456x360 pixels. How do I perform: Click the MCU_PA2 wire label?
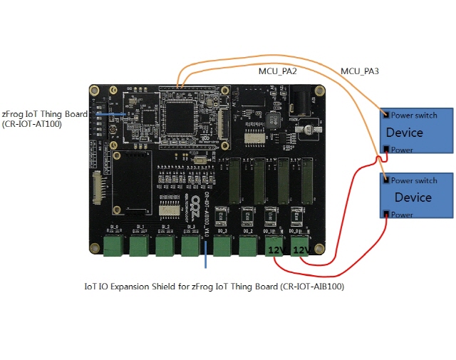coord(277,71)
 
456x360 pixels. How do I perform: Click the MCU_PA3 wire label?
coord(360,71)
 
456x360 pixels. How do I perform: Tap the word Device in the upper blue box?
coord(404,133)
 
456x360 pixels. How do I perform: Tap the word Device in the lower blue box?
coord(413,197)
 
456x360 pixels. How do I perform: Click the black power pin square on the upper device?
coord(386,149)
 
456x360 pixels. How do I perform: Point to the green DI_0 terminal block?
coord(113,246)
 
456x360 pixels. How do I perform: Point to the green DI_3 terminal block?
coord(190,246)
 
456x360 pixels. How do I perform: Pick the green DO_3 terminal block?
coord(223,246)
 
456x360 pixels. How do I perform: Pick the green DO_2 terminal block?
coord(248,246)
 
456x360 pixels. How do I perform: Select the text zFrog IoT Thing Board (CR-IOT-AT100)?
coord(45,118)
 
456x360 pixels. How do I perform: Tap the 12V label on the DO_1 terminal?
coord(275,250)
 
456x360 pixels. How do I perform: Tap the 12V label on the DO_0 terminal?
coord(301,250)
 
